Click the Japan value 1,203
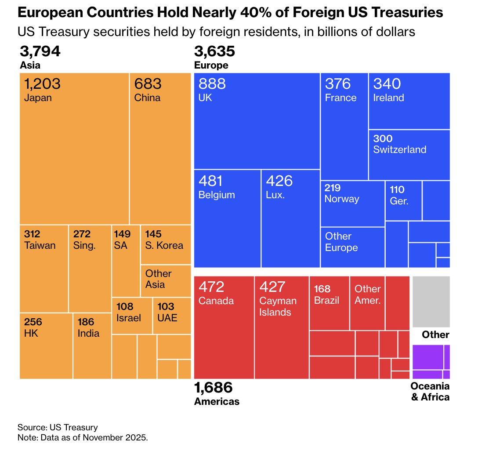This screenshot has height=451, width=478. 42,84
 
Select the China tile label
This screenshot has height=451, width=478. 147,98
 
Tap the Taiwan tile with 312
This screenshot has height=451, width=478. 44,268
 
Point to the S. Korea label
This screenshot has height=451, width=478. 164,245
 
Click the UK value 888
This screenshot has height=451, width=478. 212,84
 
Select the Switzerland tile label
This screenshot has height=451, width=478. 399,149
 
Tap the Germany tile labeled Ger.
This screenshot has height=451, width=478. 403,200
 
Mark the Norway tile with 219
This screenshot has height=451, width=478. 352,204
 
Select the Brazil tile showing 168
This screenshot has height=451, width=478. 329,303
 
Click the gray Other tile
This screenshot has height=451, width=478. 431,302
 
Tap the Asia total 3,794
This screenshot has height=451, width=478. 40,52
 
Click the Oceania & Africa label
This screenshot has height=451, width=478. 430,392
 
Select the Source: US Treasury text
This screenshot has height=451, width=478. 58,427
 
